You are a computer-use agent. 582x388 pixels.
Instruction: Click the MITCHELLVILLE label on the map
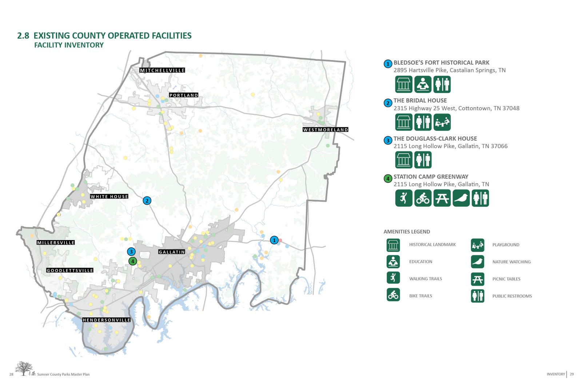pos(162,70)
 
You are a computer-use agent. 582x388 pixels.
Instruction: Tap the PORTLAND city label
pos(184,95)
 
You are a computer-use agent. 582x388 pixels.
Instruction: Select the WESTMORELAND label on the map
pos(326,130)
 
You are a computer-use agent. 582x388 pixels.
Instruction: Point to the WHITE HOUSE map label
pos(109,197)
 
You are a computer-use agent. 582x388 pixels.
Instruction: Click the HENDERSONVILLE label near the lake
pos(106,320)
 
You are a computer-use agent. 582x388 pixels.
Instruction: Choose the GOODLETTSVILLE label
pos(70,271)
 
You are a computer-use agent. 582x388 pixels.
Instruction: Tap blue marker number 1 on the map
pos(274,240)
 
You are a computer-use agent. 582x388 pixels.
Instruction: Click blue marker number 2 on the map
pos(147,201)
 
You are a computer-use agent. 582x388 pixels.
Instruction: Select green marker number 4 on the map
pos(133,261)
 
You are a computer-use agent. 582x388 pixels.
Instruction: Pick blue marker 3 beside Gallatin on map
pos(131,252)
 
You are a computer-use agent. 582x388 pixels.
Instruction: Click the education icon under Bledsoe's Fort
pos(423,84)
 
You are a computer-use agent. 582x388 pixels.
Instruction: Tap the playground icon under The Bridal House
pos(442,122)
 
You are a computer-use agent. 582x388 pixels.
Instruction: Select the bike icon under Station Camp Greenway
pos(423,198)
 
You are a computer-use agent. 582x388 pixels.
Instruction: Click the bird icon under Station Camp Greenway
pos(461,198)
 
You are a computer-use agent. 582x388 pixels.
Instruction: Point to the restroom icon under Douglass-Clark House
pos(423,160)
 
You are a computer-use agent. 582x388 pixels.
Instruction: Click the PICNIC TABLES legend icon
pos(478,279)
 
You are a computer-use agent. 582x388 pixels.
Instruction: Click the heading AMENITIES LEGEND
pos(407,232)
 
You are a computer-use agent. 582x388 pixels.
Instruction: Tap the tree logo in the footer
pos(24,368)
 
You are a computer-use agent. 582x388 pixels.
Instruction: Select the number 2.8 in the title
pos(23,36)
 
